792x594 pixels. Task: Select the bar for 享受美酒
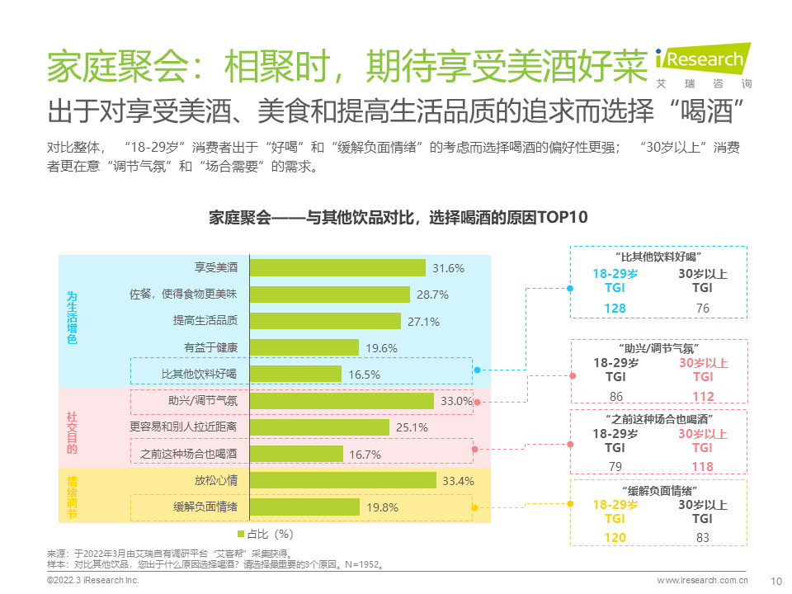pos(337,268)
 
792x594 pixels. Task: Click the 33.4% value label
pos(460,481)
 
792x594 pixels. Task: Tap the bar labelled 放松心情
pos(342,481)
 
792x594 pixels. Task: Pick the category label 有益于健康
pos(210,348)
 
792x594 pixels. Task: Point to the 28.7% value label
pos(432,295)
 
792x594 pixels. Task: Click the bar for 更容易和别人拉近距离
pos(319,427)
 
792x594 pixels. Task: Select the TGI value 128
pos(615,309)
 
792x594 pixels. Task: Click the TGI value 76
pos(702,309)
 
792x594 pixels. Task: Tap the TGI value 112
pos(703,397)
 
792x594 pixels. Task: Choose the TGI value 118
pos(702,468)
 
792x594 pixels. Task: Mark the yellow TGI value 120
pos(615,538)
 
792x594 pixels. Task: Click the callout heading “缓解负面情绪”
pos(658,490)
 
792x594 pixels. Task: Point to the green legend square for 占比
pos(242,533)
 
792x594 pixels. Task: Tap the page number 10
pos(775,580)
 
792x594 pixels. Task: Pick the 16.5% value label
pos(364,375)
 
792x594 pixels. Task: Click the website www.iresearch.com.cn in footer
pos(702,580)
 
